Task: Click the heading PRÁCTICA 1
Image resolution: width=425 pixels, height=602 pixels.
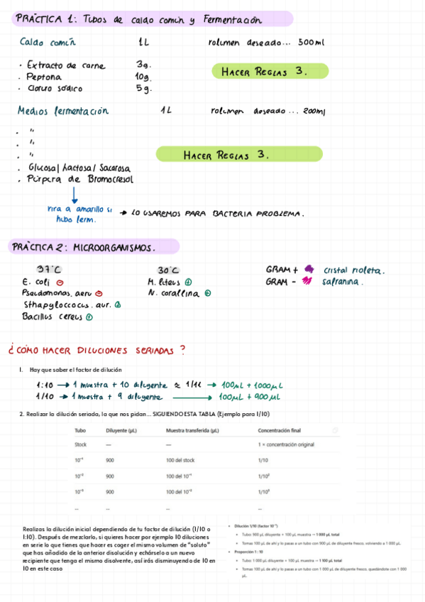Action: pyautogui.click(x=47, y=19)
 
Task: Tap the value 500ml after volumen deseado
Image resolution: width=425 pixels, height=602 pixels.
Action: pyautogui.click(x=311, y=43)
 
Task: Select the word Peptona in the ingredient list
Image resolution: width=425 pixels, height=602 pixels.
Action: pyautogui.click(x=44, y=77)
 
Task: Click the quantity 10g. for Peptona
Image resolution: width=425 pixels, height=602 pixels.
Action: pyautogui.click(x=143, y=77)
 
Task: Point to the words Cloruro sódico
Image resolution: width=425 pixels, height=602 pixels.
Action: pyautogui.click(x=55, y=89)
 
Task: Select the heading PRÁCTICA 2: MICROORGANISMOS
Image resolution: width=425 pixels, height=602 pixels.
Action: pyautogui.click(x=84, y=247)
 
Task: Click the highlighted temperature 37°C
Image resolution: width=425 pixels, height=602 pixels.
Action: pyautogui.click(x=50, y=270)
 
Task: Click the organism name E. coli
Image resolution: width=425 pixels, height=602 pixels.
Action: pyautogui.click(x=36, y=281)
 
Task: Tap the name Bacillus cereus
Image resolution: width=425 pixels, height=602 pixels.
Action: pyautogui.click(x=53, y=317)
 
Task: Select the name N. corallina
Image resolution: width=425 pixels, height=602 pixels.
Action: pyautogui.click(x=178, y=292)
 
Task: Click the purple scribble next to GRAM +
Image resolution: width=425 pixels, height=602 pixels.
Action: pyautogui.click(x=308, y=269)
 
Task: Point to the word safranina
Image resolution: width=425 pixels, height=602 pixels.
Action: pyautogui.click(x=343, y=281)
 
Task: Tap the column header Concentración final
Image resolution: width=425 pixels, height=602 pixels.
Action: pyautogui.click(x=280, y=430)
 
